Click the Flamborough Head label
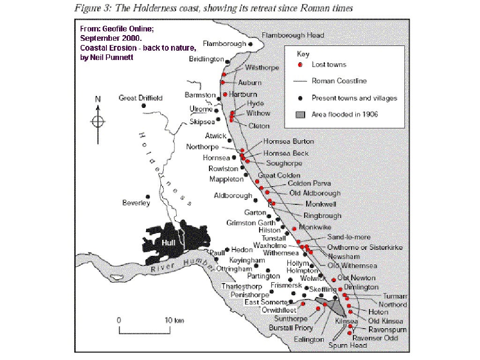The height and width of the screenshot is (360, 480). click(x=292, y=35)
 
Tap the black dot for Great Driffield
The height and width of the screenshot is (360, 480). click(x=143, y=106)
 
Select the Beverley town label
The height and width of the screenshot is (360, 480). click(x=136, y=203)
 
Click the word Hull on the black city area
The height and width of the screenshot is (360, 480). click(x=168, y=242)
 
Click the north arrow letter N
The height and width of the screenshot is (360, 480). click(x=98, y=99)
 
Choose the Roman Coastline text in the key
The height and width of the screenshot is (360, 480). click(x=339, y=81)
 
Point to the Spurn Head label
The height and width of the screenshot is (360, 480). click(x=347, y=345)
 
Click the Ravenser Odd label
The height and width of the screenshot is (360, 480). click(x=375, y=338)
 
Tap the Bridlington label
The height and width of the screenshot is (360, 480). click(x=206, y=59)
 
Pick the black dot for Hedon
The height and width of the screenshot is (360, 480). click(x=227, y=249)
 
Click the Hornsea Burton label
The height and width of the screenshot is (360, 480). click(x=289, y=141)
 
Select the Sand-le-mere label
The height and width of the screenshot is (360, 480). click(x=349, y=238)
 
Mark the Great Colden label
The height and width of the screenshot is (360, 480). click(x=279, y=175)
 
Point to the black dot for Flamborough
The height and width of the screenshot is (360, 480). click(x=251, y=44)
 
